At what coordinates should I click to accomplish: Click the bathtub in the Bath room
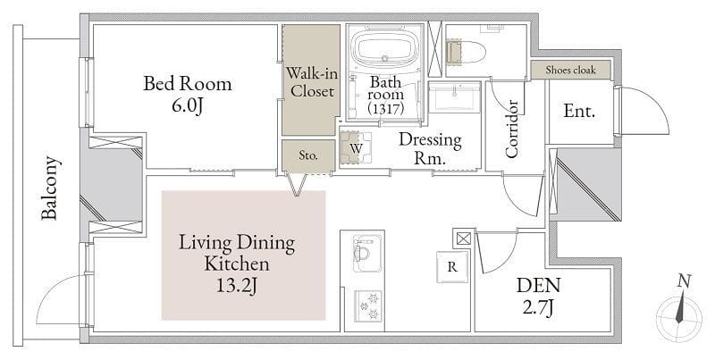(x=384, y=49)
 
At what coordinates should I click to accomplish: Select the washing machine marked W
(x=356, y=147)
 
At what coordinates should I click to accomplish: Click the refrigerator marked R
(x=452, y=267)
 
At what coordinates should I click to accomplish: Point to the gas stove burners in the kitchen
(x=369, y=306)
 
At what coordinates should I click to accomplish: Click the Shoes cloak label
(x=570, y=71)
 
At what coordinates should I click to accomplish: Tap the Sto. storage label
(x=308, y=155)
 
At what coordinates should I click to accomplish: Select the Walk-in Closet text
(x=312, y=82)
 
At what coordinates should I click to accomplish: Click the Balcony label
(x=49, y=188)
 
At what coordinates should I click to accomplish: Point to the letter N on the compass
(x=683, y=281)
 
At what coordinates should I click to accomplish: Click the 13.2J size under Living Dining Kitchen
(x=237, y=286)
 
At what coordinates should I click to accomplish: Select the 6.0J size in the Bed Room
(x=187, y=106)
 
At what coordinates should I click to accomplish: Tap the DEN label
(x=539, y=286)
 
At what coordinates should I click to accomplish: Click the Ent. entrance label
(x=579, y=111)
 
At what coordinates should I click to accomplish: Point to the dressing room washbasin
(x=456, y=96)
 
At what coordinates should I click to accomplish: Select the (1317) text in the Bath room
(x=386, y=109)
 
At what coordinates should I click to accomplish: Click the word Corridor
(x=511, y=129)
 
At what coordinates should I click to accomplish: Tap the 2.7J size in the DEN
(x=539, y=308)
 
